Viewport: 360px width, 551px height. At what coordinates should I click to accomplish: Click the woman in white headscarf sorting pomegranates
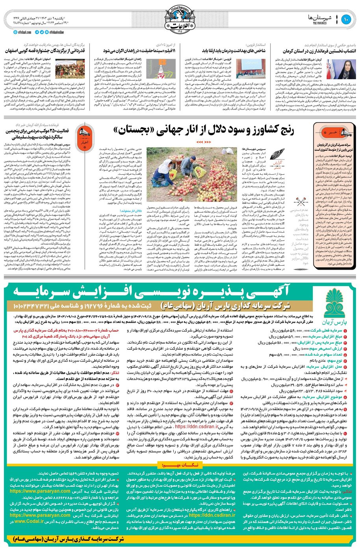[163, 170]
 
